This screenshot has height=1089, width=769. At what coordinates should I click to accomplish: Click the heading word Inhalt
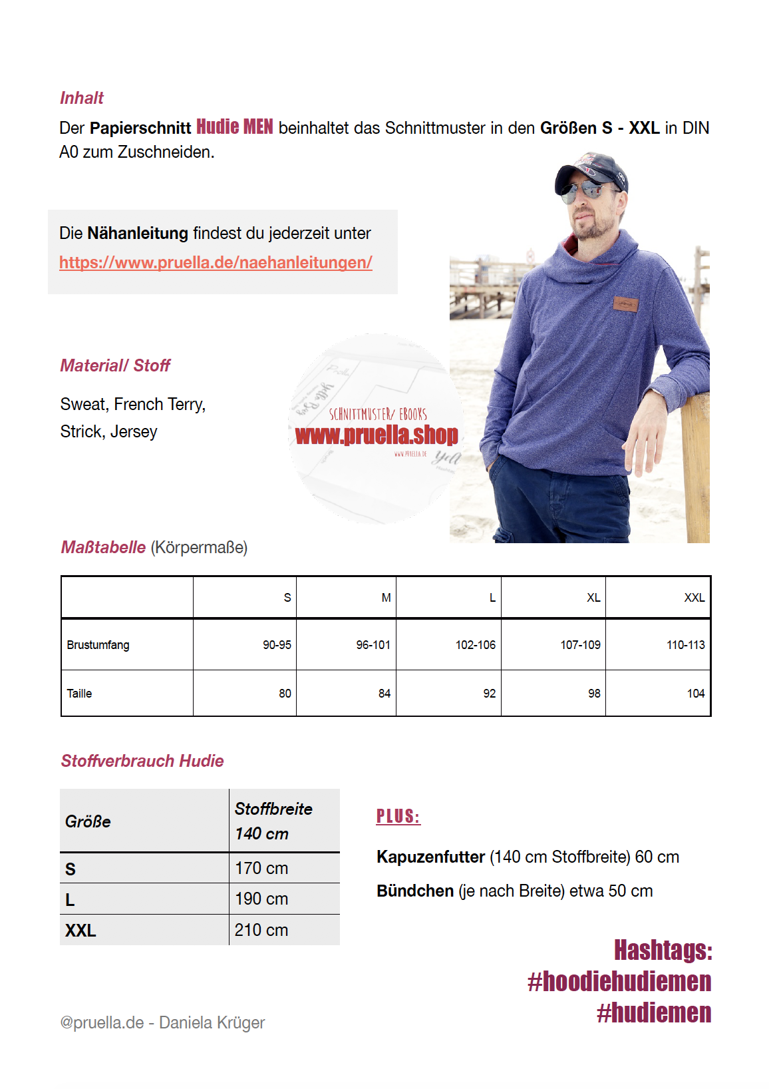[82, 99]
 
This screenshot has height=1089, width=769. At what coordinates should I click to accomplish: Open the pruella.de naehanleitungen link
[216, 263]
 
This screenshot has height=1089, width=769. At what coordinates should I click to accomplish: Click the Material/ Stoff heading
[115, 365]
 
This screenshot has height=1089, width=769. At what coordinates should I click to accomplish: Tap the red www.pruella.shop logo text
[377, 435]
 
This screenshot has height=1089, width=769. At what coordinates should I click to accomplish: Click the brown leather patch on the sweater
[625, 304]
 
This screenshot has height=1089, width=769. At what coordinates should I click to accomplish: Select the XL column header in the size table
[593, 598]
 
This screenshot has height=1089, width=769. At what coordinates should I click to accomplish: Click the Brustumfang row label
[98, 645]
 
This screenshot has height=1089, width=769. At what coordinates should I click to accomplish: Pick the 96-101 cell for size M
[373, 645]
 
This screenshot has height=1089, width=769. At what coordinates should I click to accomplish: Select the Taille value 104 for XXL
[695, 694]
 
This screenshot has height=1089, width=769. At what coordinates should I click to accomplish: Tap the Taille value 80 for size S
[285, 694]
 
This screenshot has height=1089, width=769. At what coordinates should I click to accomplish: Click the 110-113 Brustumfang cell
[685, 645]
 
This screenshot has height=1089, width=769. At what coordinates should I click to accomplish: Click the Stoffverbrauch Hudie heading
[142, 761]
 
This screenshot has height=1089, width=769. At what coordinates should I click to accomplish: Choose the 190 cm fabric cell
[261, 899]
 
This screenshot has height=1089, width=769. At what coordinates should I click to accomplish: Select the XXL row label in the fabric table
[80, 931]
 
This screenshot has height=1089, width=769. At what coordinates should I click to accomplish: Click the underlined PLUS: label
[398, 817]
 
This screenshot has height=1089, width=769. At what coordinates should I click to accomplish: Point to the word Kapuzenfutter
[430, 857]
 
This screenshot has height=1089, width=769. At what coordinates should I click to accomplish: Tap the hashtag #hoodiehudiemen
[619, 982]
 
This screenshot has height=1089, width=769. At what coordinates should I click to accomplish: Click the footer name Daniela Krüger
[212, 1023]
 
